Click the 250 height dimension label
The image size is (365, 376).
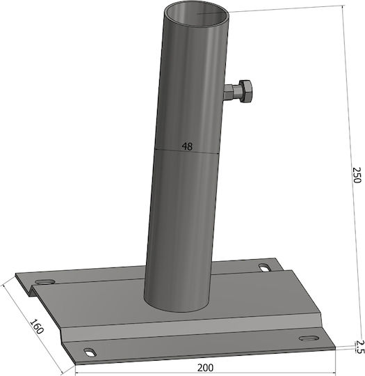(x=357, y=175)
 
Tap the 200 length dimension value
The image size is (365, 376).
(x=205, y=368)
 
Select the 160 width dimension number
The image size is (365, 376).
(x=37, y=327)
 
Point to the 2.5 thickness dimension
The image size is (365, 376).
(x=359, y=347)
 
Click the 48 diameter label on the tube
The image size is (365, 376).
(x=187, y=146)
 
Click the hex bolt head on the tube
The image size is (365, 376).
(x=245, y=91)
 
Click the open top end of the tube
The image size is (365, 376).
(x=196, y=14)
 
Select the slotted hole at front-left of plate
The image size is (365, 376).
(x=90, y=352)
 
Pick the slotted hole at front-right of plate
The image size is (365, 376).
(x=309, y=338)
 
